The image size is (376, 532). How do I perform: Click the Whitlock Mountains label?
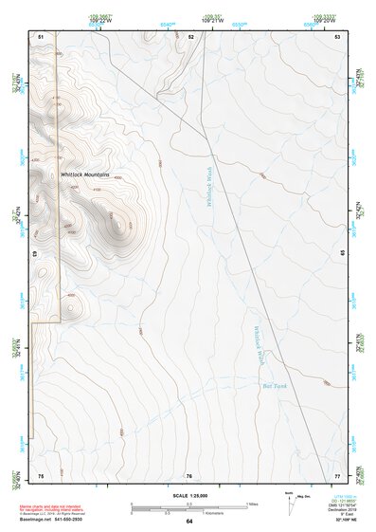[84, 175]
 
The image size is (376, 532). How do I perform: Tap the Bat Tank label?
[273, 386]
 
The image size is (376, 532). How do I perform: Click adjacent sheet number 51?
[41, 36]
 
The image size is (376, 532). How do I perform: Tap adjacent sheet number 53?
[337, 36]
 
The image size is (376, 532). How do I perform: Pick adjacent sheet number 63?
[35, 254]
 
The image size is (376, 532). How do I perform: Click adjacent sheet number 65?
[342, 254]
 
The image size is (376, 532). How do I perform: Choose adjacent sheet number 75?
[41, 474]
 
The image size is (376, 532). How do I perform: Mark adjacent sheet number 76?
[188, 474]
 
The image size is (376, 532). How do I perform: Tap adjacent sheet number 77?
[337, 474]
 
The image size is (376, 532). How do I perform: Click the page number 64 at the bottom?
[188, 522]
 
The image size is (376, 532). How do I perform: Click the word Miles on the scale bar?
[251, 504]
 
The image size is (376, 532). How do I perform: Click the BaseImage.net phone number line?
[51, 522]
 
